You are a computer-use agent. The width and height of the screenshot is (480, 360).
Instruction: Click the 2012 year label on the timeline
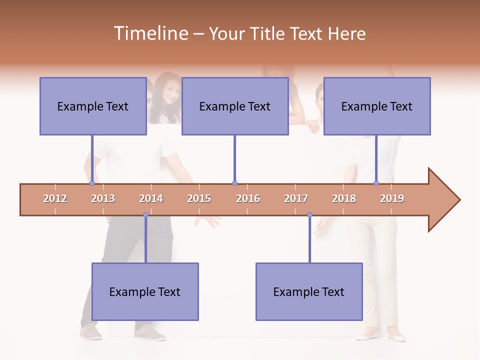(55, 198)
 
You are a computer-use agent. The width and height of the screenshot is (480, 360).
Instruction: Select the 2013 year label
(103, 198)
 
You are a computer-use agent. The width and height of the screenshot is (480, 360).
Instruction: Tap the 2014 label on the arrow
(151, 198)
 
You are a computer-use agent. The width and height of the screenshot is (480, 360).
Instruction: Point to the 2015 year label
(199, 198)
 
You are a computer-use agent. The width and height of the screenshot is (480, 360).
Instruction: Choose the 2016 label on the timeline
(248, 198)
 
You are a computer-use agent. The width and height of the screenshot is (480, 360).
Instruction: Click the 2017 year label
(296, 198)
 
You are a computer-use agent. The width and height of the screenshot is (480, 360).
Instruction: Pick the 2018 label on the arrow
(344, 198)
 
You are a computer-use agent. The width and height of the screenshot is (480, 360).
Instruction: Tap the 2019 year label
(392, 198)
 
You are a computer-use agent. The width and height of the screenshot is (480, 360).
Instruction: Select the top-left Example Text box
(93, 106)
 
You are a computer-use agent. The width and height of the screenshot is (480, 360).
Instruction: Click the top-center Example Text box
(235, 106)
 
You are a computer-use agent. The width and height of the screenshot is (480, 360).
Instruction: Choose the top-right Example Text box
(377, 106)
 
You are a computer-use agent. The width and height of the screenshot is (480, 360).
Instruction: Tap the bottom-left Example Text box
(145, 292)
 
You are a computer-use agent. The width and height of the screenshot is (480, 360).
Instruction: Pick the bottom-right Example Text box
(309, 292)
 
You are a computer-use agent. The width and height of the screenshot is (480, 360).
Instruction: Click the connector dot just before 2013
(92, 183)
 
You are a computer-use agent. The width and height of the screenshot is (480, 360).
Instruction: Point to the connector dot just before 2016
(234, 183)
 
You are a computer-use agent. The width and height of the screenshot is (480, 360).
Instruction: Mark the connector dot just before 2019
(376, 183)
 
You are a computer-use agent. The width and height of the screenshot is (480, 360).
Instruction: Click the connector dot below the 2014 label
(145, 215)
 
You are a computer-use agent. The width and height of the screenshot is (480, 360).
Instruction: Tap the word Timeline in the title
(150, 33)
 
